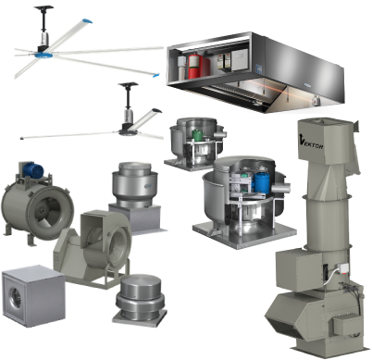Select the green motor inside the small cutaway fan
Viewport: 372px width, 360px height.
point(197,135)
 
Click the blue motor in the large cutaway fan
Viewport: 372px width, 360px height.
point(261,182)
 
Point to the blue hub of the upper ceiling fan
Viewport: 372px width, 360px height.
point(43,56)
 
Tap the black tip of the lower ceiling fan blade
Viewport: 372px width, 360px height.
point(156,110)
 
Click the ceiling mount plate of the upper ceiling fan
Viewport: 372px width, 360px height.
point(44,7)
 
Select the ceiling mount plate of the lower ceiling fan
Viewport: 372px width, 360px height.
point(129,84)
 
